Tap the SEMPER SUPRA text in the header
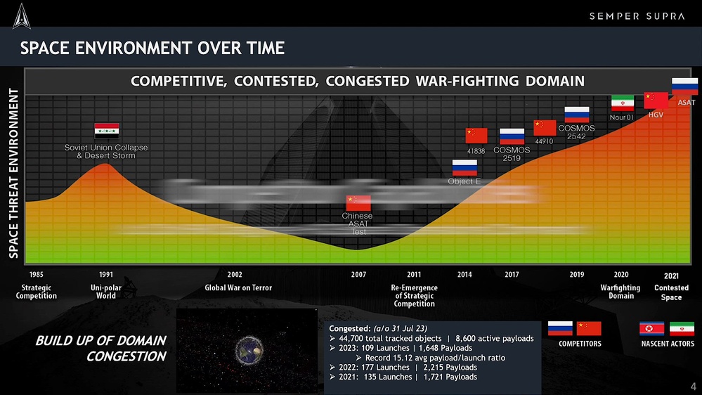tap(636, 16)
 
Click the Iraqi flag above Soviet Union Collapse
tap(107, 130)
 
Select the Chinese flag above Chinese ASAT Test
tap(358, 202)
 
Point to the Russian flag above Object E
tap(464, 167)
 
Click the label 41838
tap(476, 151)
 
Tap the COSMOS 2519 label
tap(511, 154)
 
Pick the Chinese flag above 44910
tap(545, 127)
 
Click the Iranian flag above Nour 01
tap(622, 103)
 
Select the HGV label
tap(656, 114)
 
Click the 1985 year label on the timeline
tap(36, 274)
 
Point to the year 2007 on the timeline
tap(358, 274)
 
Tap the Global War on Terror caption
tap(238, 287)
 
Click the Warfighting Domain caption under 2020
tap(620, 292)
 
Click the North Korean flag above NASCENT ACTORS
tap(651, 329)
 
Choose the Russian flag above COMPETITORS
tap(560, 328)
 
